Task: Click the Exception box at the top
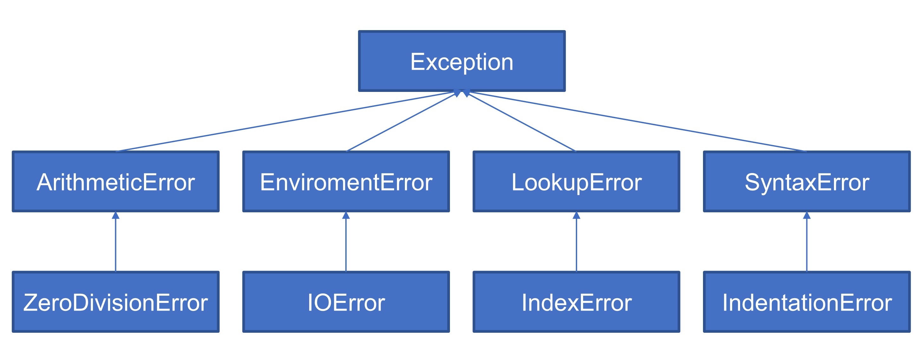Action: point(462,61)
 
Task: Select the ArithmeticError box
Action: point(115,182)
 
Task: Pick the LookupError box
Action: point(576,182)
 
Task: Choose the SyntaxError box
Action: point(807,182)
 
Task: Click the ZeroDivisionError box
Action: point(115,302)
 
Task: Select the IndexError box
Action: point(576,302)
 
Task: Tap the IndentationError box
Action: point(807,302)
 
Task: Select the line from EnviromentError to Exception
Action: point(401,123)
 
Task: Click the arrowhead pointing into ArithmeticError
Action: point(115,215)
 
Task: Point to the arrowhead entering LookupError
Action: point(576,215)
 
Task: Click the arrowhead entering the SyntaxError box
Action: point(807,215)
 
